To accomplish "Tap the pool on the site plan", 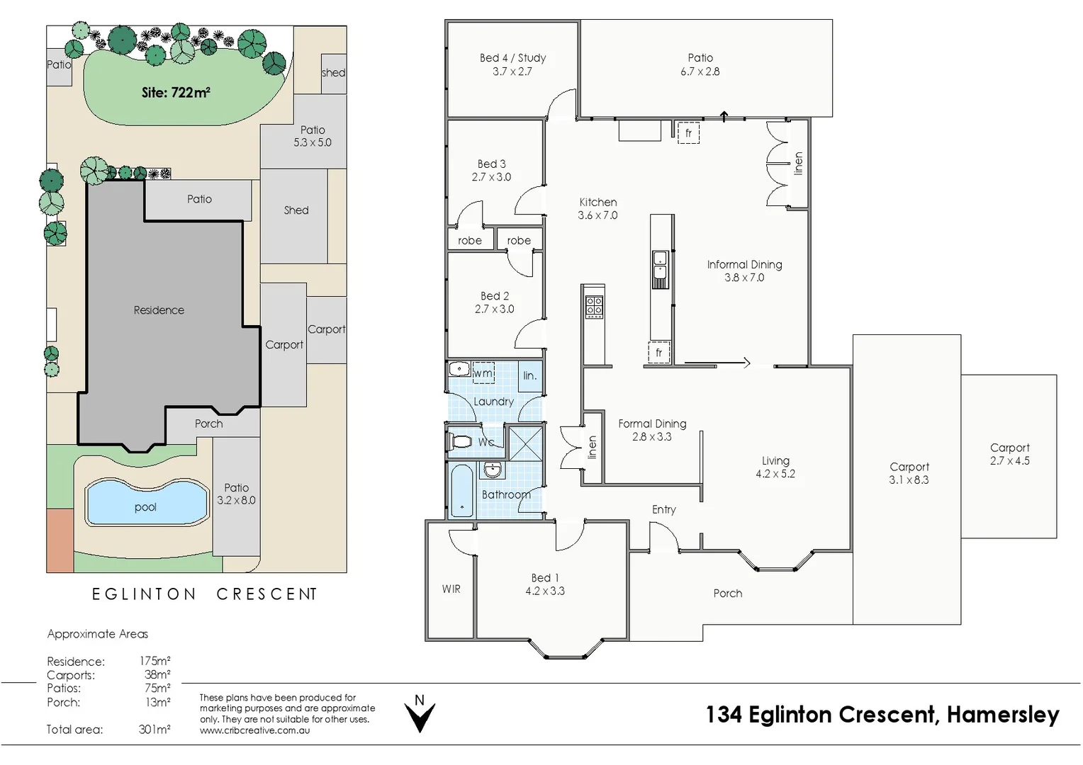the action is (147, 502).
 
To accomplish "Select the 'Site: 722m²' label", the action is (176, 92).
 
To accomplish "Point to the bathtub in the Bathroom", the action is (461, 491).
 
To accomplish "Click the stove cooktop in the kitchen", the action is (594, 307).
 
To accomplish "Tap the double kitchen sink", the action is (660, 269).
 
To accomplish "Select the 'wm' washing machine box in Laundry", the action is (483, 373).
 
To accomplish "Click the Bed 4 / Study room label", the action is (513, 58).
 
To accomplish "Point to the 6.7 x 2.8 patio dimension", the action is (700, 72).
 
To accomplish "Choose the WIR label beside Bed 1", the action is (451, 589).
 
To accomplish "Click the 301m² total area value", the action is (155, 730).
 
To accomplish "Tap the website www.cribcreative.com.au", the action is (254, 730).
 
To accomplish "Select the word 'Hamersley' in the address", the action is (1003, 715).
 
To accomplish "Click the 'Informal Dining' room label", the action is (744, 265).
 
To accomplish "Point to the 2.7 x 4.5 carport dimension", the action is (1010, 461).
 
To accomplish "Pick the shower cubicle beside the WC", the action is (525, 443).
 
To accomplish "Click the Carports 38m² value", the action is (157, 674).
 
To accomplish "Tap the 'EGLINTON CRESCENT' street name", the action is (205, 594).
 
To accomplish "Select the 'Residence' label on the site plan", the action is (159, 310).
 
